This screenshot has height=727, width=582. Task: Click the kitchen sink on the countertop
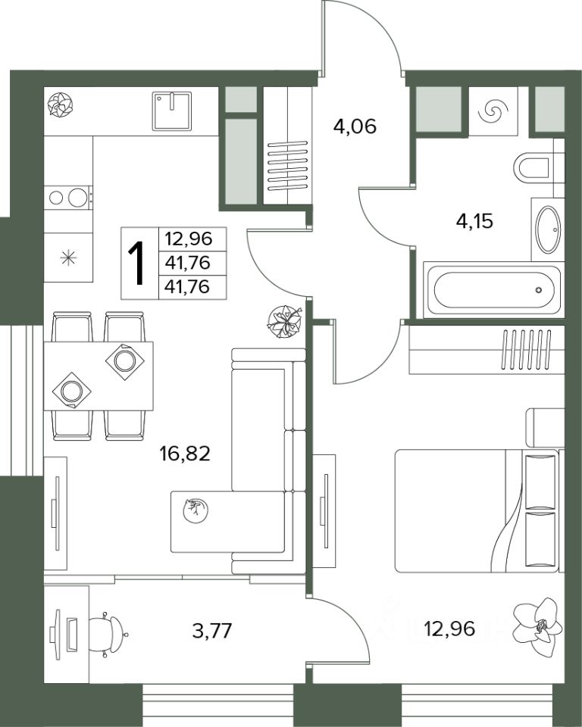point(172,111)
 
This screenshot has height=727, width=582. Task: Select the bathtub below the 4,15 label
point(494,290)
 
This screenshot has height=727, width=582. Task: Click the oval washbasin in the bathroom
point(548,229)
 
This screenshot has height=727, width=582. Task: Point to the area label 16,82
point(185,453)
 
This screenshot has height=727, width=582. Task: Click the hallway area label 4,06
point(355,126)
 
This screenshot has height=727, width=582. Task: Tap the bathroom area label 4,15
point(474,221)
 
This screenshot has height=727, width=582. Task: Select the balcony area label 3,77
point(211,631)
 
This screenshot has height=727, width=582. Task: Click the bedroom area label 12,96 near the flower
point(449,629)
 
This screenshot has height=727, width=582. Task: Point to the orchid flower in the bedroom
point(537,626)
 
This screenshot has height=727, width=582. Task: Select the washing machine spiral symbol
point(493,112)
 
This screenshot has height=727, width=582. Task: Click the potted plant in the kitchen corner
point(61,105)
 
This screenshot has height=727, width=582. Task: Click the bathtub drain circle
point(538,290)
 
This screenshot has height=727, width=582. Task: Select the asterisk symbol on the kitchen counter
point(68,257)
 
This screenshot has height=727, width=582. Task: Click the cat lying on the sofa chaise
point(195,510)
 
